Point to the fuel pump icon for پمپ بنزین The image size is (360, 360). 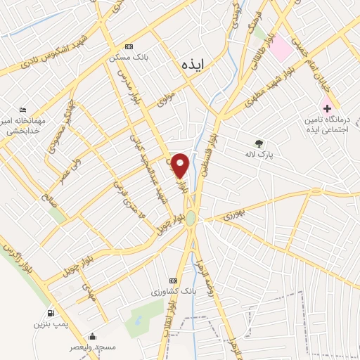(x=51, y=313)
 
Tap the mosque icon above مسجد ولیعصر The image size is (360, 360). (x=91, y=336)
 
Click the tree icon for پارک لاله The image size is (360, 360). (x=259, y=142)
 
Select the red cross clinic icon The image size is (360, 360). (x=326, y=108)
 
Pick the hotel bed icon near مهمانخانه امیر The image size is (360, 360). (x=24, y=110)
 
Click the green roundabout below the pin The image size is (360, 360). (x=191, y=218)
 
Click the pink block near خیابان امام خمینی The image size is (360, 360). (x=281, y=46)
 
